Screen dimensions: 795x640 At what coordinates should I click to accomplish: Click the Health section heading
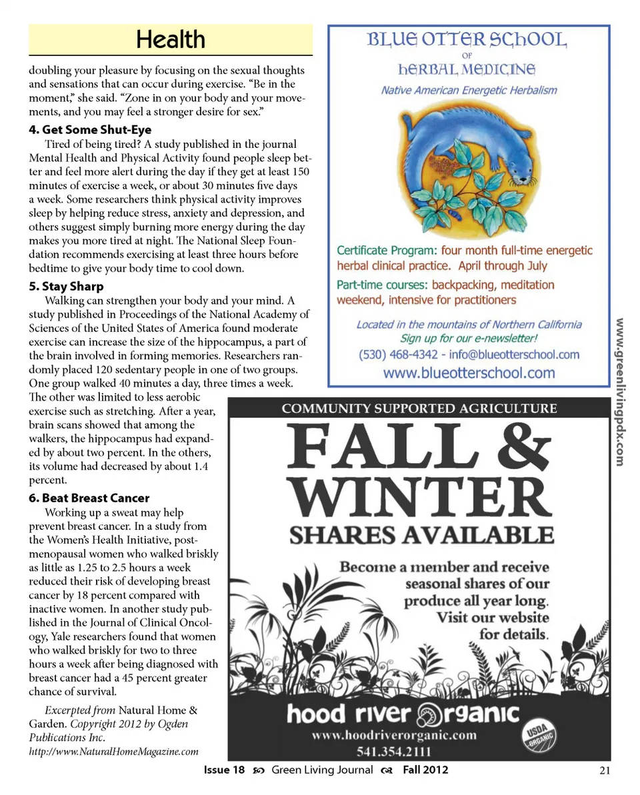pos(171,39)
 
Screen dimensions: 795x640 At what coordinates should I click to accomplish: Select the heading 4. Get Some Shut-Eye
pos(90,130)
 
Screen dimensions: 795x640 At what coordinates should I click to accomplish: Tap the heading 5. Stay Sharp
pos(66,287)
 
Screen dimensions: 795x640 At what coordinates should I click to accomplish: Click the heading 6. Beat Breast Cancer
pos(89,498)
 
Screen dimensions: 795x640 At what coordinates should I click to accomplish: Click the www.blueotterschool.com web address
pos(469,373)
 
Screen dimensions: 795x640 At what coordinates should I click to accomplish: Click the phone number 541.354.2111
pos(395,752)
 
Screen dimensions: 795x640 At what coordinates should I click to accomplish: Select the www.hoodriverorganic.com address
pos(395,735)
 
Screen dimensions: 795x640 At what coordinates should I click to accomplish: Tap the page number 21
pos(605,770)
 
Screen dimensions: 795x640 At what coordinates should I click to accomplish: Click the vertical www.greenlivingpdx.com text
pos(619,392)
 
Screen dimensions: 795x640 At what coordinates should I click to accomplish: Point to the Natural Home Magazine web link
pos(113,752)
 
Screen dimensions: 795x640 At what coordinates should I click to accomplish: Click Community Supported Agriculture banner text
pos(419,408)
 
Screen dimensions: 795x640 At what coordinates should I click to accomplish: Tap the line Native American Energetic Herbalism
pos(469,90)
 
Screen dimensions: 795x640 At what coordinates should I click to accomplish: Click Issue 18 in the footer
pos(225,770)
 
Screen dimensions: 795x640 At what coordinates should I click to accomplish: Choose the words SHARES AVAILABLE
pos(421,534)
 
